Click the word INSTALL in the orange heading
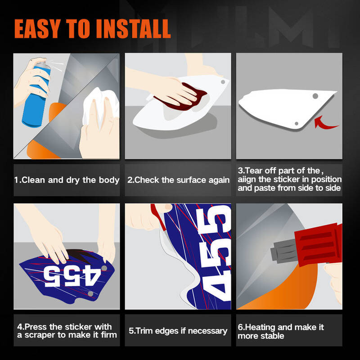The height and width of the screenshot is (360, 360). [x=133, y=28]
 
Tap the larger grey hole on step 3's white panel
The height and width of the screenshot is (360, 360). [x=315, y=96]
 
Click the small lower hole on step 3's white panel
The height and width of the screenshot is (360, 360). [x=297, y=123]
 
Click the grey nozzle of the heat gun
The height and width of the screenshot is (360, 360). [x=284, y=251]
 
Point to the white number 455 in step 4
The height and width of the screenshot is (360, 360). [x=72, y=276]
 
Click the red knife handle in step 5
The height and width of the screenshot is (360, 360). [x=159, y=217]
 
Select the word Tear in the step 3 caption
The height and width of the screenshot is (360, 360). [x=254, y=171]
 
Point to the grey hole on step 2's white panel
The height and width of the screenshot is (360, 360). [x=223, y=82]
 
